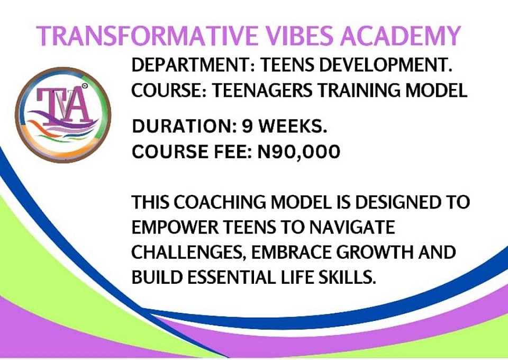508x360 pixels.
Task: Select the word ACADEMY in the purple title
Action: [x=400, y=35]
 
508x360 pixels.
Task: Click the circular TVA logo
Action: [x=63, y=115]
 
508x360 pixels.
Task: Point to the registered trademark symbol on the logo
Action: [x=85, y=86]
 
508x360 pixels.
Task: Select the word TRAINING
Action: [x=358, y=90]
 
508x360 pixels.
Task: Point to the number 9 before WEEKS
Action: [x=248, y=126]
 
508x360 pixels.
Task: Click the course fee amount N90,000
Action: [x=298, y=152]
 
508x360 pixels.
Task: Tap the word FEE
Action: [x=233, y=151]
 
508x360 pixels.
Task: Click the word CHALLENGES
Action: [x=188, y=253]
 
